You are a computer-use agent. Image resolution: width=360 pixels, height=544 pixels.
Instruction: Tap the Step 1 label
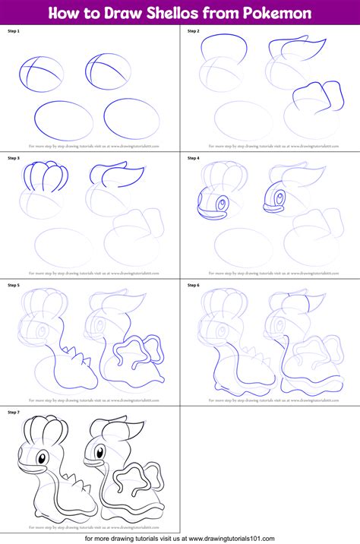point(14,31)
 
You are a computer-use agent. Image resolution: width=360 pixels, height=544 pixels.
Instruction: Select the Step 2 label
point(194,31)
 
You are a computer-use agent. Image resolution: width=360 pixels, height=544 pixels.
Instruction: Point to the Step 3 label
point(14,158)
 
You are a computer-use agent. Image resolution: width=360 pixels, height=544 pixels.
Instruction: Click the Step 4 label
point(194,158)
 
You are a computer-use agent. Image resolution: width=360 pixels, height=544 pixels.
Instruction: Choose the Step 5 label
point(14,285)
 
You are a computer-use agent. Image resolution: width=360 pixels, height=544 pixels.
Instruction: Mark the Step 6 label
point(194,285)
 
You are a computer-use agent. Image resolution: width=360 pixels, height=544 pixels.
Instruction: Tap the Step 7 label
point(14,412)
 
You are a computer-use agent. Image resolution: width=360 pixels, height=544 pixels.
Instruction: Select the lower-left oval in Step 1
point(64,120)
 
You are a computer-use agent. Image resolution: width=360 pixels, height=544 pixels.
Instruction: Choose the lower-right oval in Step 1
point(131,118)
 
